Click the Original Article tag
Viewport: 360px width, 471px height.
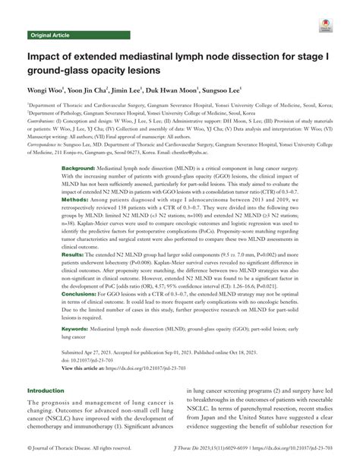[x=50, y=36]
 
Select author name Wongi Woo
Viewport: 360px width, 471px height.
[x=48, y=91]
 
